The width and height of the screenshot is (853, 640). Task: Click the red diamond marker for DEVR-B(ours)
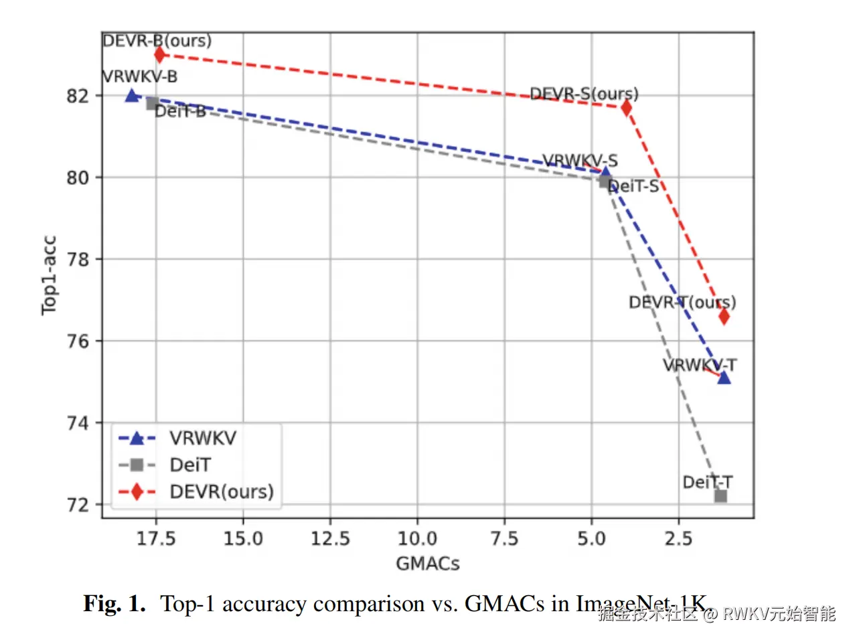point(159,54)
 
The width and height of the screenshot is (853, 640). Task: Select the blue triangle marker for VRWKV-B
point(132,96)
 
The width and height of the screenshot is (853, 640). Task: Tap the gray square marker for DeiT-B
point(153,103)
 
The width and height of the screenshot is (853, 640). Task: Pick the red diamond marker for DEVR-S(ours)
point(626,107)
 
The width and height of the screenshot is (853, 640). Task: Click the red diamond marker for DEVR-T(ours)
point(723,316)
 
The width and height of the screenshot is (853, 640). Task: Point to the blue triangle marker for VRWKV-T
point(724,378)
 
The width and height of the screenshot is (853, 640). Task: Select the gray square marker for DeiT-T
point(720,496)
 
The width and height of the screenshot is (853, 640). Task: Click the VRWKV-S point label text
point(580,161)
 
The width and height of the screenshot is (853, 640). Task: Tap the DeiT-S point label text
point(633,186)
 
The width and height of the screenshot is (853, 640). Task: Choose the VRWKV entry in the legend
point(202,438)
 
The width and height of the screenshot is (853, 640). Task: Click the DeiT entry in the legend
point(190,465)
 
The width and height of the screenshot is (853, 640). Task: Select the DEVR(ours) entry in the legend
point(222,491)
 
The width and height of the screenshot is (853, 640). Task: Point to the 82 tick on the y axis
point(78,96)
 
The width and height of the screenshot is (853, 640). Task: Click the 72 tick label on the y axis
point(78,505)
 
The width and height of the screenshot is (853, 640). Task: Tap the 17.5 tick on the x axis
point(156,538)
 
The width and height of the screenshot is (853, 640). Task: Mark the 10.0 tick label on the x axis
point(417,538)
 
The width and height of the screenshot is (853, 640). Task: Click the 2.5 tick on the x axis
point(678,538)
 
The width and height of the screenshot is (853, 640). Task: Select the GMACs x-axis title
point(428,564)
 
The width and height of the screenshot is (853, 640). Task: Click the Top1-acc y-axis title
point(50,275)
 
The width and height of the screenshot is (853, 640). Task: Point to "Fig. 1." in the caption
point(114,604)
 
